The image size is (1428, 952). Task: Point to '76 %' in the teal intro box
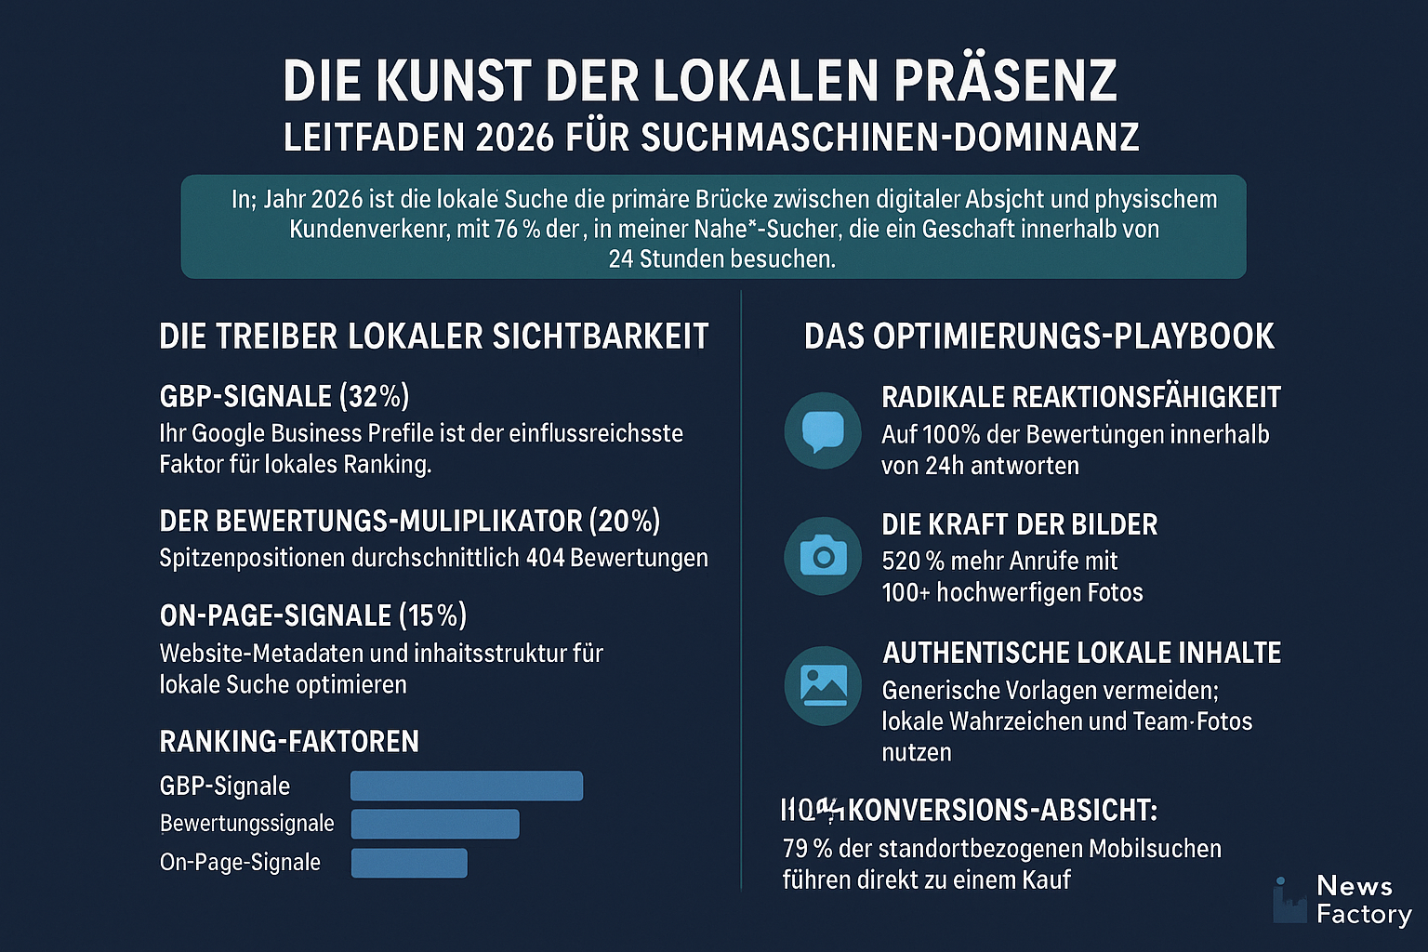coord(518,229)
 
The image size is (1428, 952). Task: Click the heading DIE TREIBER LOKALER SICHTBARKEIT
coord(433,337)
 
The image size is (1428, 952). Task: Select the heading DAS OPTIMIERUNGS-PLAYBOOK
coord(1038,337)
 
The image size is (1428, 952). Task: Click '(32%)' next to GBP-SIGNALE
coord(374,397)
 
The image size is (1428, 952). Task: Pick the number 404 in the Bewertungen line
coord(545,558)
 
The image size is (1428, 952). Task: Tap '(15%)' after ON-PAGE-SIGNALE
coord(432,615)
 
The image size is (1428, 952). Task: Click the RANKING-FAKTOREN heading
coord(289,742)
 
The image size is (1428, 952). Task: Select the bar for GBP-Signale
coord(466,786)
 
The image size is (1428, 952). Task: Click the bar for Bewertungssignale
coord(434,824)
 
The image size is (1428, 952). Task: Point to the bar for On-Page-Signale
coord(408,863)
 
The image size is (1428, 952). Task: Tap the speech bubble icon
coord(823,430)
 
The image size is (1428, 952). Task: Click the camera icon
coord(823,556)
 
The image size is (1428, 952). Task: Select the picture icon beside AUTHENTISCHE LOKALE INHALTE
coord(823,685)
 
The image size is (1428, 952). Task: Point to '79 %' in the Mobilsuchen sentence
coord(807,849)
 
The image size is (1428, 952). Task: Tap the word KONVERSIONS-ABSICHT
coord(1001,811)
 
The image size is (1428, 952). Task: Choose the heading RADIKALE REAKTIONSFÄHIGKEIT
coord(1080,398)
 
